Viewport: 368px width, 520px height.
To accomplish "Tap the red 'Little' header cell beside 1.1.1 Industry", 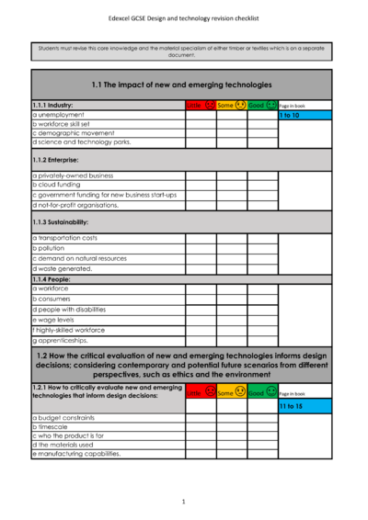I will point(201,106).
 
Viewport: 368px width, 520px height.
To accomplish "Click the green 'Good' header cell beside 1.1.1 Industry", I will point(262,106).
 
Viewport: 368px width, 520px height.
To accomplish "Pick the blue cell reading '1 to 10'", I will point(305,116).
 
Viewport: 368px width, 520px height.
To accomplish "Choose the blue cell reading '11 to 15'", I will point(305,405).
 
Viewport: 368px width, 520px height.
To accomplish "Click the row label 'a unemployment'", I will point(60,115).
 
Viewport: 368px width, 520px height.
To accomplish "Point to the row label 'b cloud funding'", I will point(59,184).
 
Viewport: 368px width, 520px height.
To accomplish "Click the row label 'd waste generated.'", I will point(63,268).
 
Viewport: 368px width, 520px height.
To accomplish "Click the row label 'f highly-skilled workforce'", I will point(69,330).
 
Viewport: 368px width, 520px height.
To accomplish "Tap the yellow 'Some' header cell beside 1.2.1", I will point(232,392).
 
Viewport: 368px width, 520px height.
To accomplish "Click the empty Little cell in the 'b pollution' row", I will point(201,248).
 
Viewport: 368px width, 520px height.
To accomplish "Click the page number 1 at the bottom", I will point(183,502).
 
